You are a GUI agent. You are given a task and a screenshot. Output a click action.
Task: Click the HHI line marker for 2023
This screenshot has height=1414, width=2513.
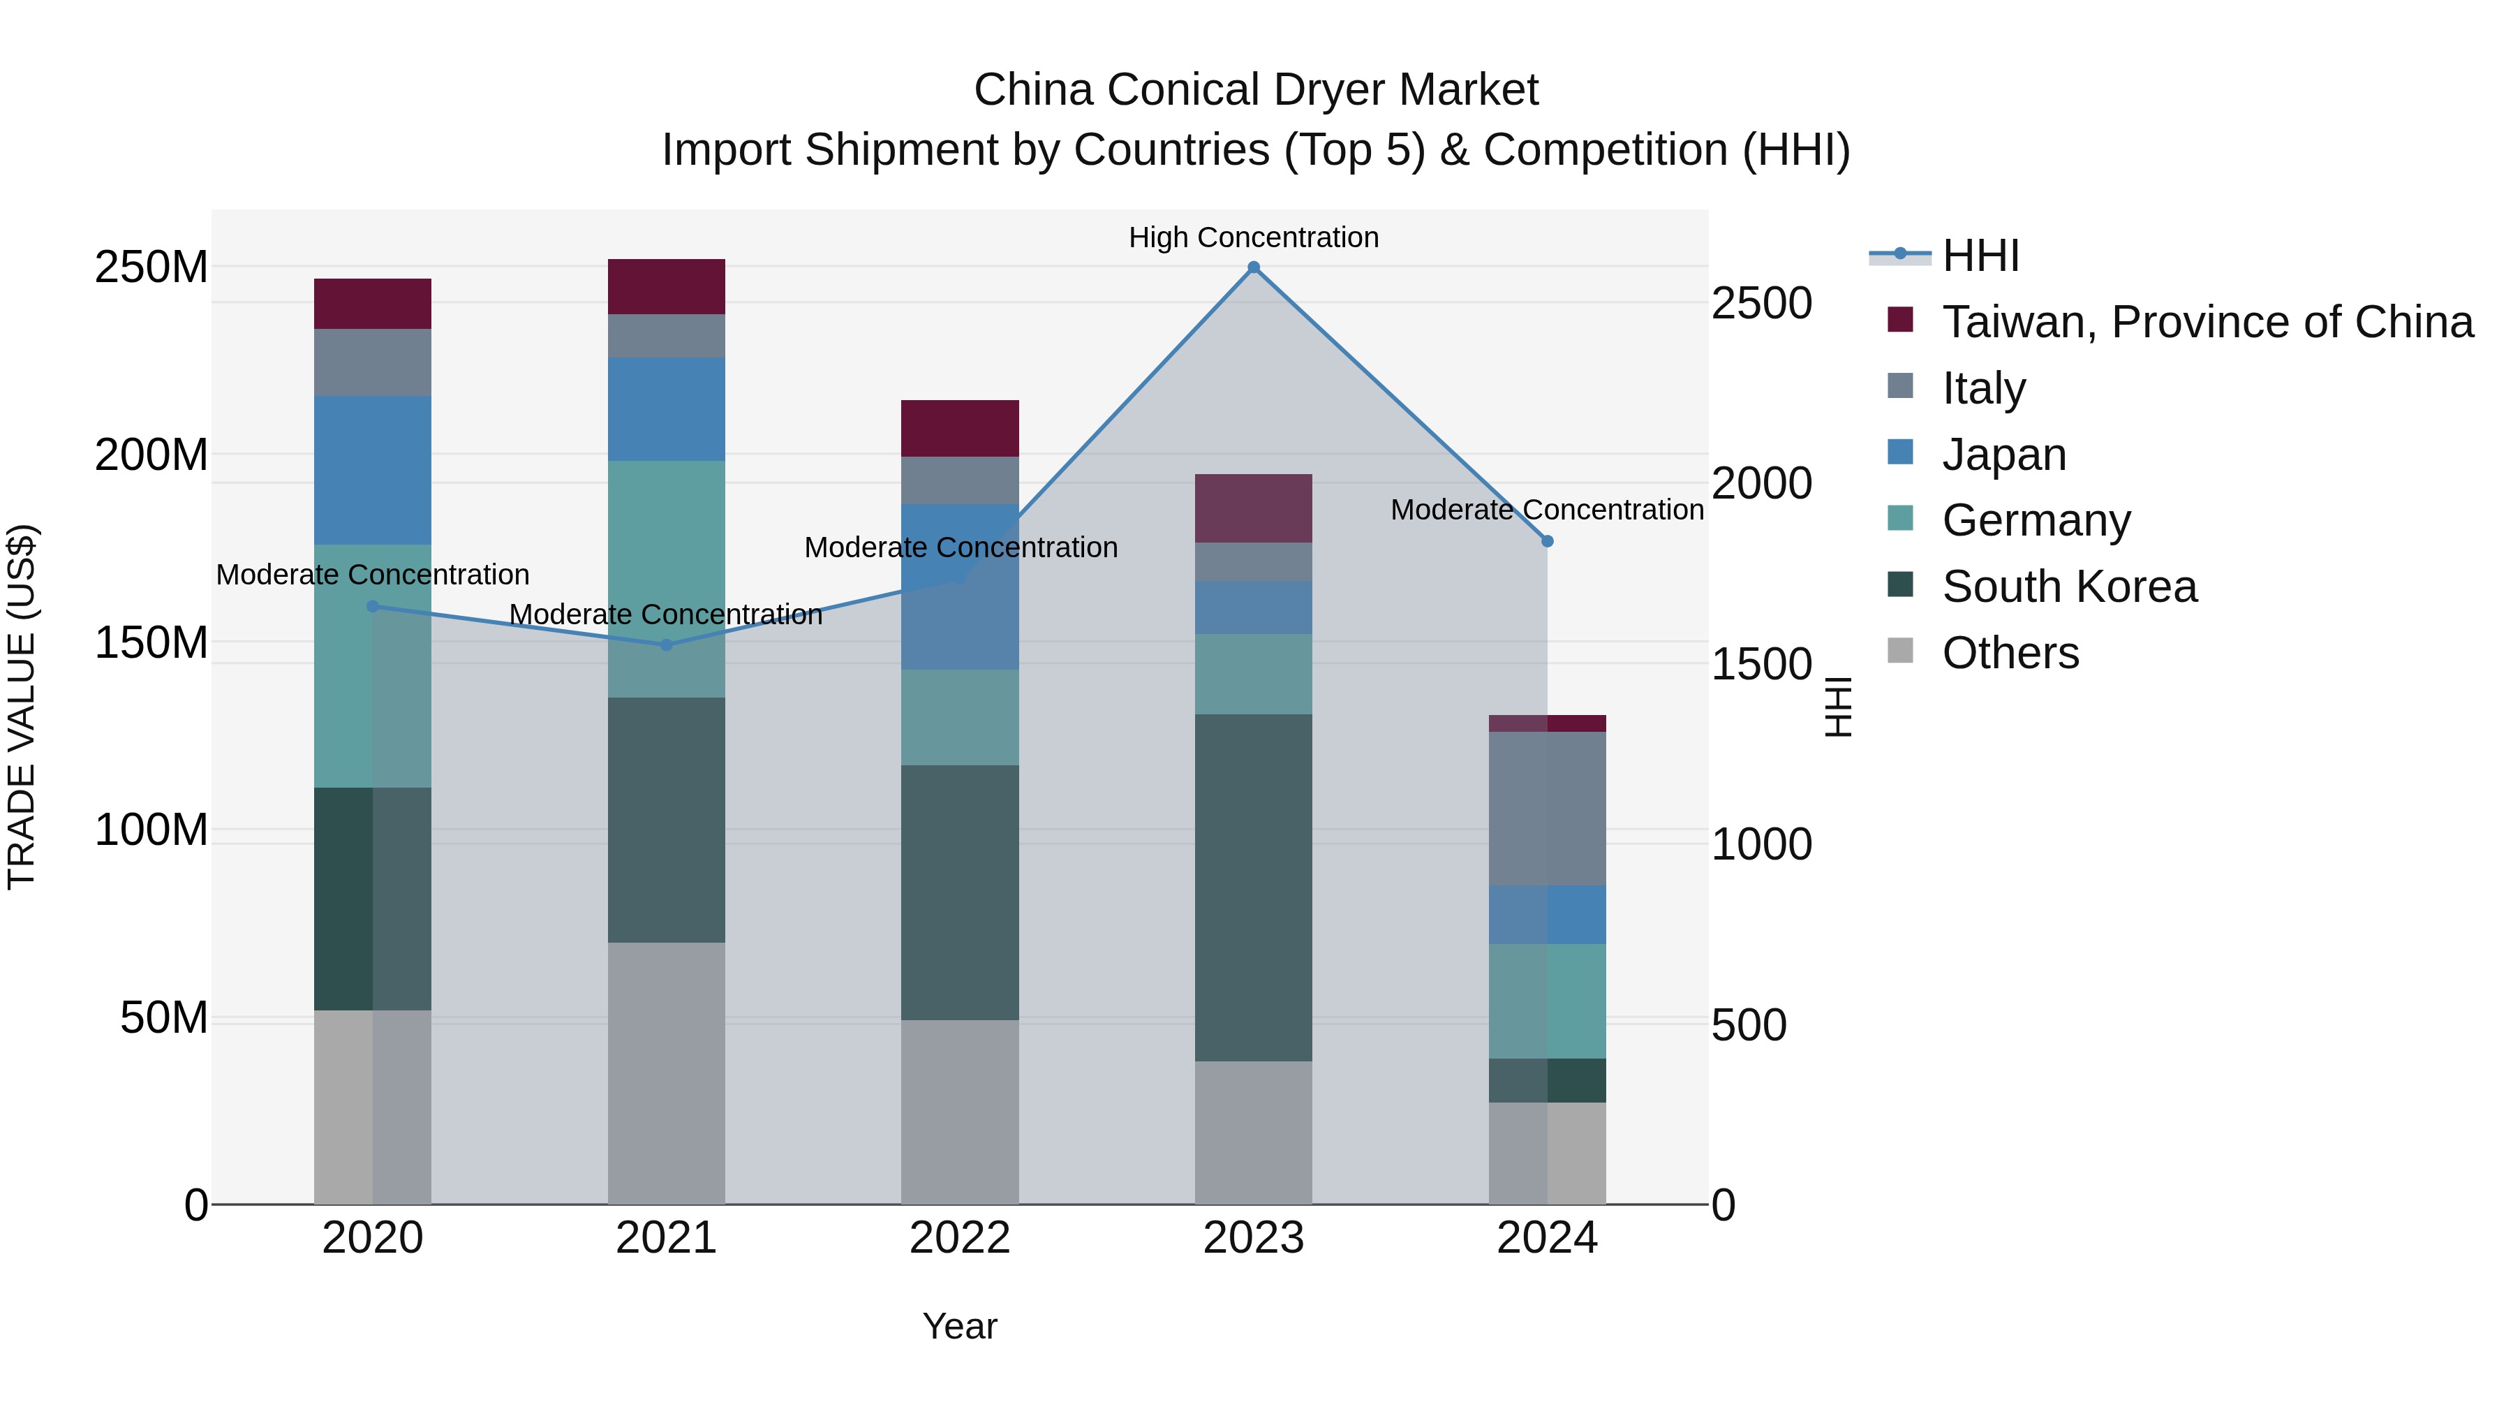(x=1254, y=267)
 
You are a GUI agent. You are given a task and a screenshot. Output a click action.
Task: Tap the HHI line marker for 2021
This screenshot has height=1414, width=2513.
(x=667, y=645)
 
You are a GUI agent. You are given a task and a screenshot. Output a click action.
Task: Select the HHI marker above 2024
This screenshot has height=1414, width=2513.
(x=1547, y=542)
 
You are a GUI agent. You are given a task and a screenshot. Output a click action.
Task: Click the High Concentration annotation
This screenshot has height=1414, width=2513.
(x=1254, y=238)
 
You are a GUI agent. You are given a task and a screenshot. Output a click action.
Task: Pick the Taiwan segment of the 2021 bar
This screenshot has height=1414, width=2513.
(x=667, y=287)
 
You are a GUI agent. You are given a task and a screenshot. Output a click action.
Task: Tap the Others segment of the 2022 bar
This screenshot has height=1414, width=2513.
(x=960, y=1112)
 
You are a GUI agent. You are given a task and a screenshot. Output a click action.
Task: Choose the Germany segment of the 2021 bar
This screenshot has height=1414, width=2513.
(x=667, y=579)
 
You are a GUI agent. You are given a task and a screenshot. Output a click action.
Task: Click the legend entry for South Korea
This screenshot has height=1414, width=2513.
(x=2068, y=587)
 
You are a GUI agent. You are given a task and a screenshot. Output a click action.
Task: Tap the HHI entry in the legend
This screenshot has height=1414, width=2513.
(x=1980, y=256)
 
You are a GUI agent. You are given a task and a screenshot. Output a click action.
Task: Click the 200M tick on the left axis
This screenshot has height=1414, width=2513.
(x=151, y=455)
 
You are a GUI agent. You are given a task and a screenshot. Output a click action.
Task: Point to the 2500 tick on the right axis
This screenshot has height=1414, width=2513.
(x=1762, y=304)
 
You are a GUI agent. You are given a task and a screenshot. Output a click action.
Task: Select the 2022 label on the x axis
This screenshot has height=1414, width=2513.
(x=960, y=1238)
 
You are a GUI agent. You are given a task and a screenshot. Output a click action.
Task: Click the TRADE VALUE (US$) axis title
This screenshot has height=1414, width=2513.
(x=22, y=707)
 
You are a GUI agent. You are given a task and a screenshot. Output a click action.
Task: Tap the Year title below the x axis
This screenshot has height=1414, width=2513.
(x=960, y=1326)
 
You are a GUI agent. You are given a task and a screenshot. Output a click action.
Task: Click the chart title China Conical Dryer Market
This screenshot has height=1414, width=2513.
(x=1256, y=90)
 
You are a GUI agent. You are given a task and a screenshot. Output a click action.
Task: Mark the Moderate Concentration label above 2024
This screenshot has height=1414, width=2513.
(x=1547, y=510)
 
